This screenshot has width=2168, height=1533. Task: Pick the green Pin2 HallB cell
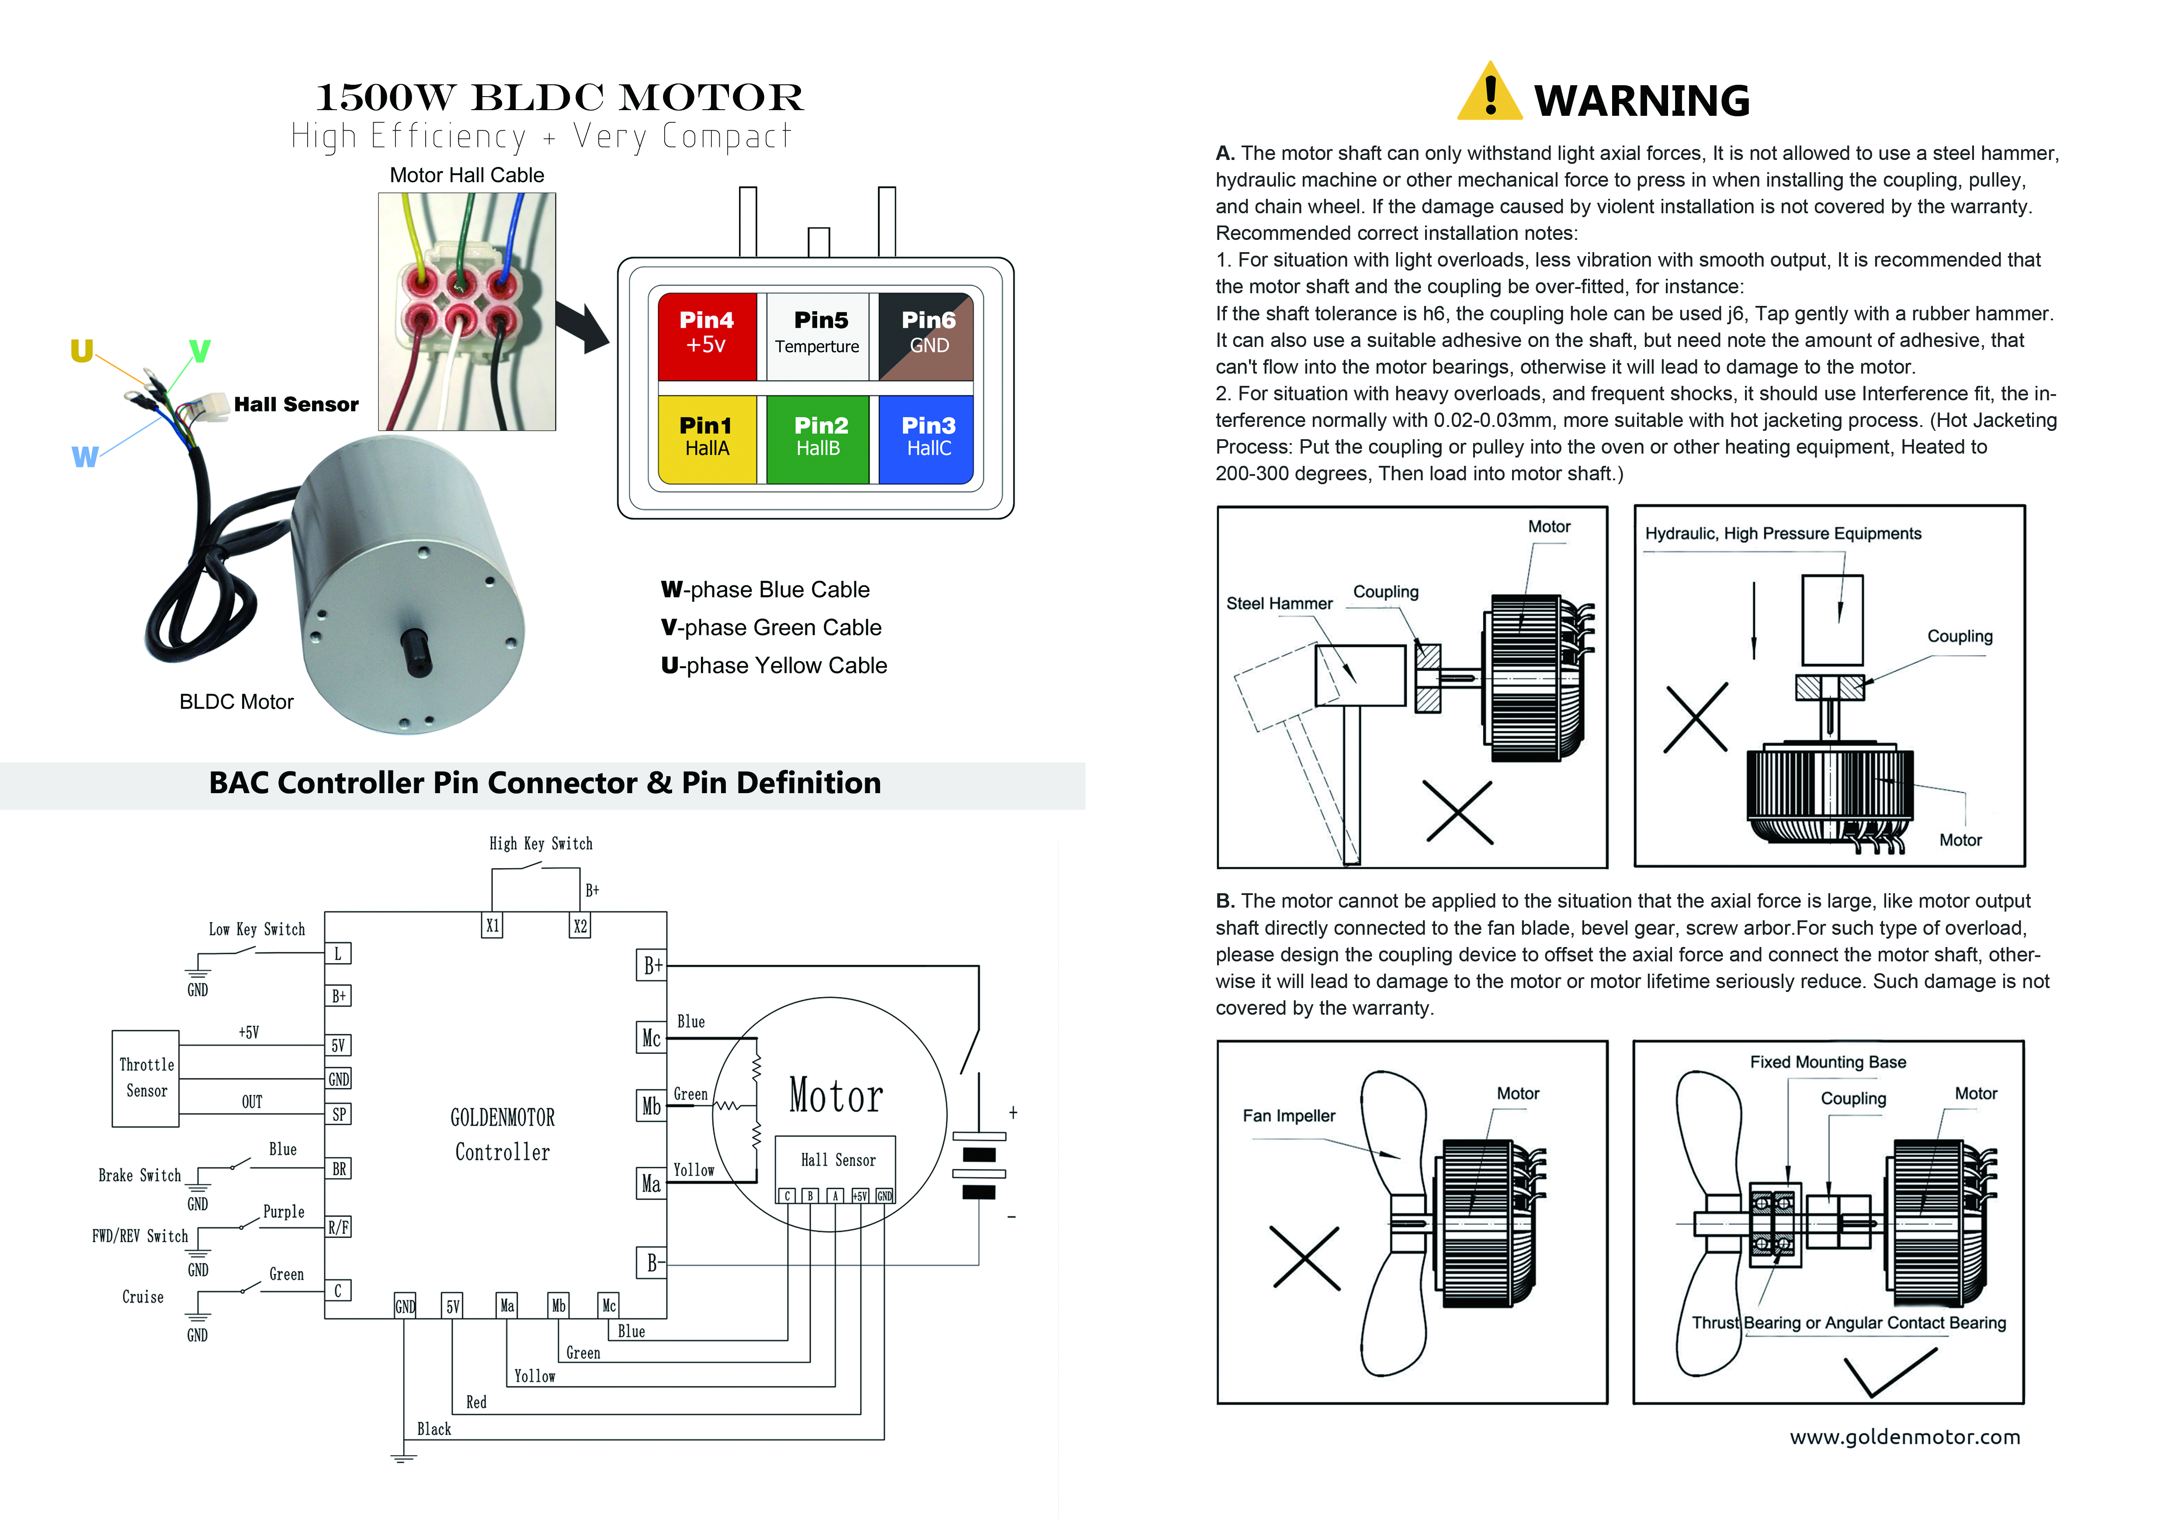[x=818, y=438]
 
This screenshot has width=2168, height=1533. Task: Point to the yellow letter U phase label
[x=82, y=351]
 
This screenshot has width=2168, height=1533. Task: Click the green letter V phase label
[x=199, y=351]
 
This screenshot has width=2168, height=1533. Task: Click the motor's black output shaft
[x=416, y=651]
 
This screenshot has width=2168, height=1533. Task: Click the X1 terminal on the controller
[x=492, y=926]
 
